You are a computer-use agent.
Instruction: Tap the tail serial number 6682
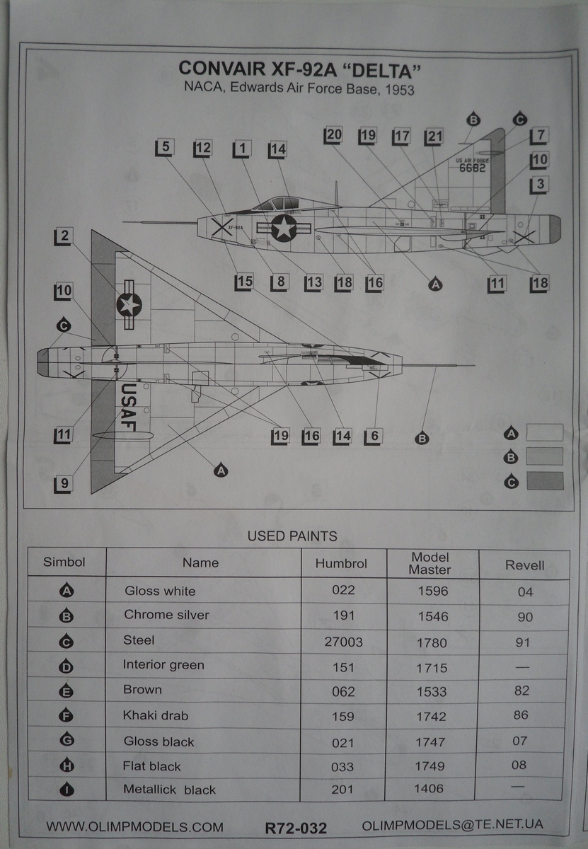[470, 168]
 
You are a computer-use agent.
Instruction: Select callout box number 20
[333, 135]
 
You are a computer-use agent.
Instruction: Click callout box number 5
[164, 147]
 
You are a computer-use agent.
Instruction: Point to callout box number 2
[64, 236]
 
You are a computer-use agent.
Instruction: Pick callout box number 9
[64, 484]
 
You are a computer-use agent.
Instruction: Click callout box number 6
[374, 436]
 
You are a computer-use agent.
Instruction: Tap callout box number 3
[539, 185]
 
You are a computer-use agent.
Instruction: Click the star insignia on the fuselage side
[284, 228]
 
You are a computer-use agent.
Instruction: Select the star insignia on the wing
[129, 304]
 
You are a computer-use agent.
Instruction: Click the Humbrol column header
[341, 564]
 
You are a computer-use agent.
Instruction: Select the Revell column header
[525, 565]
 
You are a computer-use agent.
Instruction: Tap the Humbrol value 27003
[342, 642]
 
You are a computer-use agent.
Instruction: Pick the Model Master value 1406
[432, 790]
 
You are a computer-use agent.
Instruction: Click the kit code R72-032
[296, 827]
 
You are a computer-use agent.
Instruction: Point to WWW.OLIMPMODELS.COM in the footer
[134, 826]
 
